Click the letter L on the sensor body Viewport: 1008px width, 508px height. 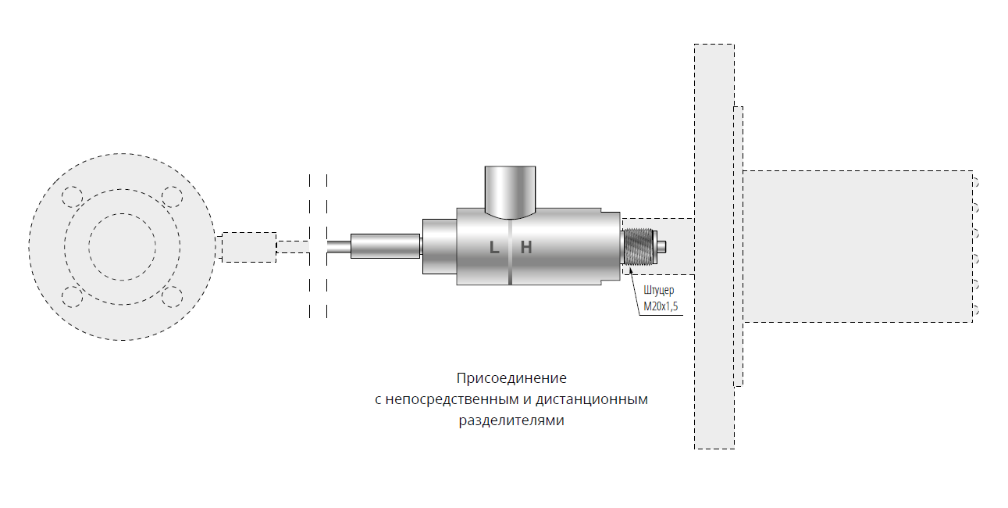tap(494, 247)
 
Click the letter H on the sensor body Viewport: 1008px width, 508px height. tap(526, 247)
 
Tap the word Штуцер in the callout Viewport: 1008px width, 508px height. tap(659, 291)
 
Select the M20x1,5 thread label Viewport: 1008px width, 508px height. tap(661, 306)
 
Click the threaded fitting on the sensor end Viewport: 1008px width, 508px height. tap(639, 247)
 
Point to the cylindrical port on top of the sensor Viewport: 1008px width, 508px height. tap(511, 192)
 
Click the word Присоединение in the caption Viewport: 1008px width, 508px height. tap(511, 377)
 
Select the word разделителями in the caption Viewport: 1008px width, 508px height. tap(511, 420)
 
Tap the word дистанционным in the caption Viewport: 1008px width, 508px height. tap(592, 399)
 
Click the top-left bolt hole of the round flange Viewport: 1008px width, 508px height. tap(72, 197)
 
